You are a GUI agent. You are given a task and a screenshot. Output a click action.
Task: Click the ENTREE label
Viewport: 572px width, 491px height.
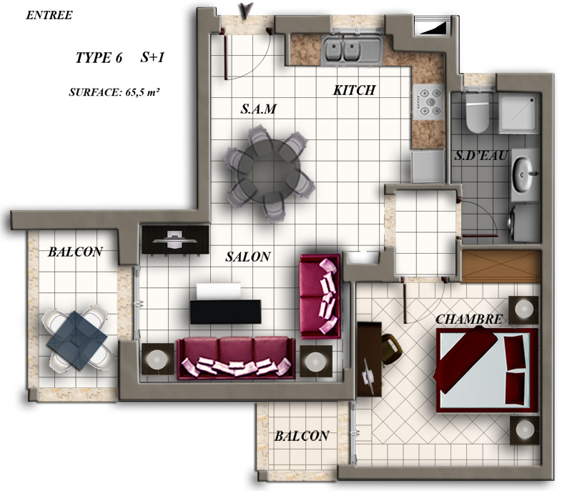pyautogui.click(x=49, y=15)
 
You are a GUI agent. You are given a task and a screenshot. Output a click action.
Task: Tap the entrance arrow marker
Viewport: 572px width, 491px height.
pyautogui.click(x=247, y=10)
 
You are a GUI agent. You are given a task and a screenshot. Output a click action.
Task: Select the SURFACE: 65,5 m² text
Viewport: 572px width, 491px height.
pyautogui.click(x=114, y=92)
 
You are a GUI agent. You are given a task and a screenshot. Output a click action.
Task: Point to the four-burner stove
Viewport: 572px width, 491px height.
pyautogui.click(x=428, y=102)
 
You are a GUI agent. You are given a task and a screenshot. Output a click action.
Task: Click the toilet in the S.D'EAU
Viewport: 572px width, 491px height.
pyautogui.click(x=477, y=113)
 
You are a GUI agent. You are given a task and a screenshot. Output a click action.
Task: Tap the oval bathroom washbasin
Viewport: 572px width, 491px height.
pyautogui.click(x=523, y=174)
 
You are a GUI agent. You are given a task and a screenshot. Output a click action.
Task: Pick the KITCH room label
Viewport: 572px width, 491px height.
pyautogui.click(x=354, y=90)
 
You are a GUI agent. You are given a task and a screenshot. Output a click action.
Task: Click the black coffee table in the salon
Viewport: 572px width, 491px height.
pyautogui.click(x=226, y=312)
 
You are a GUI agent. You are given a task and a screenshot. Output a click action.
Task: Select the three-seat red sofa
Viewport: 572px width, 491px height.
pyautogui.click(x=236, y=359)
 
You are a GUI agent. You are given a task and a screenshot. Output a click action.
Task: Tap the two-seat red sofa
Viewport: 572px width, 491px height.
pyautogui.click(x=320, y=297)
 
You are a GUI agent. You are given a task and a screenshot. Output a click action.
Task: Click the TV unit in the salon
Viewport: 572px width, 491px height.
pyautogui.click(x=175, y=239)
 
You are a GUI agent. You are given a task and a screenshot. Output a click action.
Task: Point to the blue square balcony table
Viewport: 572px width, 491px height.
pyautogui.click(x=77, y=339)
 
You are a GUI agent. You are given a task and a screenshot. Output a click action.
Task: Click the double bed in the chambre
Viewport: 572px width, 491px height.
pyautogui.click(x=487, y=370)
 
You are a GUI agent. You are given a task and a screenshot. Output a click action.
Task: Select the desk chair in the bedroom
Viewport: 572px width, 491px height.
pyautogui.click(x=390, y=349)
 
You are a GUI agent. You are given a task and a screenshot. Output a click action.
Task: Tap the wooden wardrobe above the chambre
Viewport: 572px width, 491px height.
pyautogui.click(x=501, y=266)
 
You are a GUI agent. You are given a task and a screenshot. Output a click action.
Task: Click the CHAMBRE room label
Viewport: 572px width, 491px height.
pyautogui.click(x=469, y=319)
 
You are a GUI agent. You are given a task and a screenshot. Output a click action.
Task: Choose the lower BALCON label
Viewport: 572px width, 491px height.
pyautogui.click(x=302, y=436)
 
